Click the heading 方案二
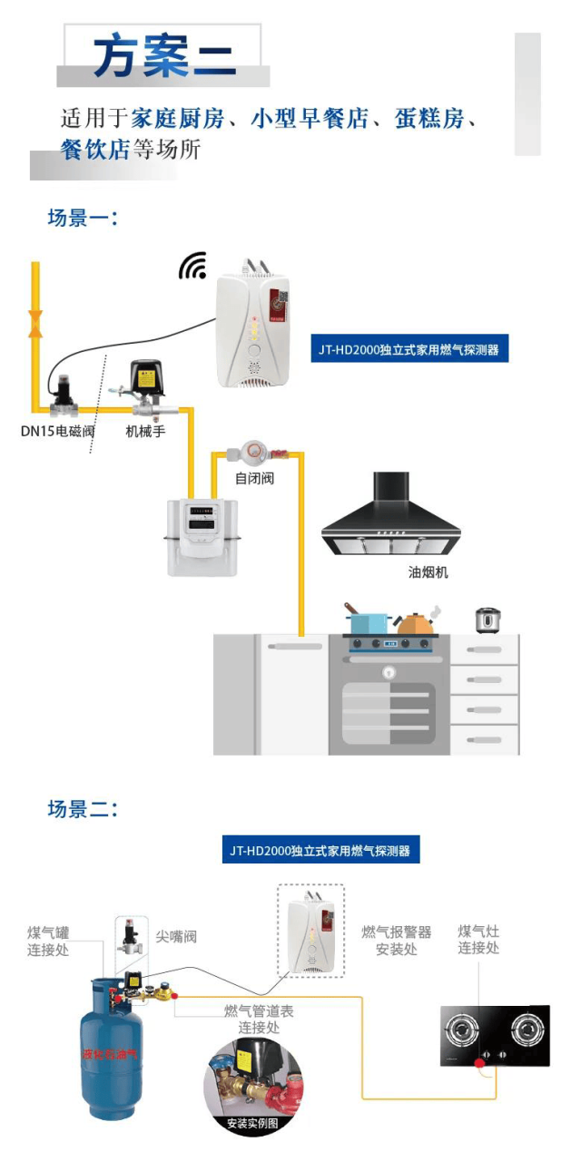[163, 55]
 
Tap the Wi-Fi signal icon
[192, 266]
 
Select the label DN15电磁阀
[58, 431]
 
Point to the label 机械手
[145, 431]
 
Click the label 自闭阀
[254, 478]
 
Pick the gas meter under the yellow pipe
[202, 536]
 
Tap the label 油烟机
[428, 572]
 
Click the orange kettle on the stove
[417, 623]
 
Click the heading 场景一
[83, 218]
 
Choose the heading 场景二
[83, 809]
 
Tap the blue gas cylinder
[110, 1052]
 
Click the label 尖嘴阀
[176, 936]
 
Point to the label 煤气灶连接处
[478, 940]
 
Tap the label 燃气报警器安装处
[396, 941]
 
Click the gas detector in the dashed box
[310, 930]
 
